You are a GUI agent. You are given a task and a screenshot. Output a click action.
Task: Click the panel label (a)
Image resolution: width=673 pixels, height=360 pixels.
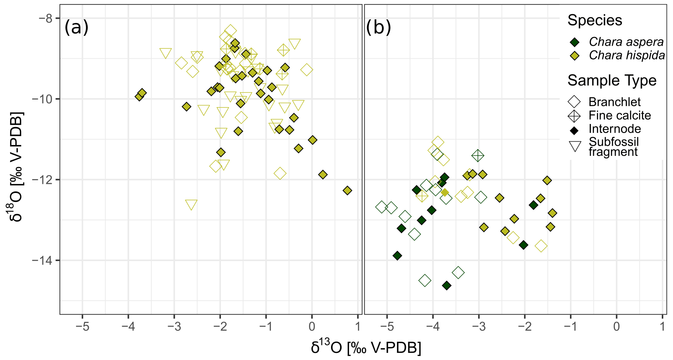76,27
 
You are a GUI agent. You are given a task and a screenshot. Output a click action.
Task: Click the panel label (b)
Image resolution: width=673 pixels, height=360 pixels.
378,27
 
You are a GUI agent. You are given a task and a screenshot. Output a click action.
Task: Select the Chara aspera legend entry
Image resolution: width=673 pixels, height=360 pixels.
626,42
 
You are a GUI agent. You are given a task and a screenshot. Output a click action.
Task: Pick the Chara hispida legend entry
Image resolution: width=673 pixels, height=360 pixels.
627,55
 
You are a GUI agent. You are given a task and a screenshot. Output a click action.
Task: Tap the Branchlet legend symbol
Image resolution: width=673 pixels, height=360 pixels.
574,102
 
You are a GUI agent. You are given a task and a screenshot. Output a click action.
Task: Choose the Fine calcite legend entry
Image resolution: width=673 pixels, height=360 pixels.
619,115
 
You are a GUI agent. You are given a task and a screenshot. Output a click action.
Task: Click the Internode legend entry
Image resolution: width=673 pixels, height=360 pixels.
615,129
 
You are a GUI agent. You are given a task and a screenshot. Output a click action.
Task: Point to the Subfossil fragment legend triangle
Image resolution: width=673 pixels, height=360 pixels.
575,146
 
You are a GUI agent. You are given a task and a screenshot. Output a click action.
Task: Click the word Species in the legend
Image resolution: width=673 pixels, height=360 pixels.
595,20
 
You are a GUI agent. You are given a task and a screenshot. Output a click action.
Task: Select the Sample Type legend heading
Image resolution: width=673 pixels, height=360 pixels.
612,81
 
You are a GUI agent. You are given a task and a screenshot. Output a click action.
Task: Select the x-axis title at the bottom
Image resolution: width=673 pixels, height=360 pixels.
366,348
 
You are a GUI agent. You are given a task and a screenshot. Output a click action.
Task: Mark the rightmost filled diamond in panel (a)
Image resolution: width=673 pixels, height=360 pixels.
347,190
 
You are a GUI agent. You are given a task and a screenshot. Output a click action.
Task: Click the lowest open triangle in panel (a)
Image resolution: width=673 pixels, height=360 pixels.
191,205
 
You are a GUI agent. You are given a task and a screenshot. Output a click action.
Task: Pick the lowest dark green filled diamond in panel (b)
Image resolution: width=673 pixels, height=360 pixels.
446,286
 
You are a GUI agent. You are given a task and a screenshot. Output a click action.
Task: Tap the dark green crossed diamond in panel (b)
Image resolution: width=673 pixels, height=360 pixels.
478,155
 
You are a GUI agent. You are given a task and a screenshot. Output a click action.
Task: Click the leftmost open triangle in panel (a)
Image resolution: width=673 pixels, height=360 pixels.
166,54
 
